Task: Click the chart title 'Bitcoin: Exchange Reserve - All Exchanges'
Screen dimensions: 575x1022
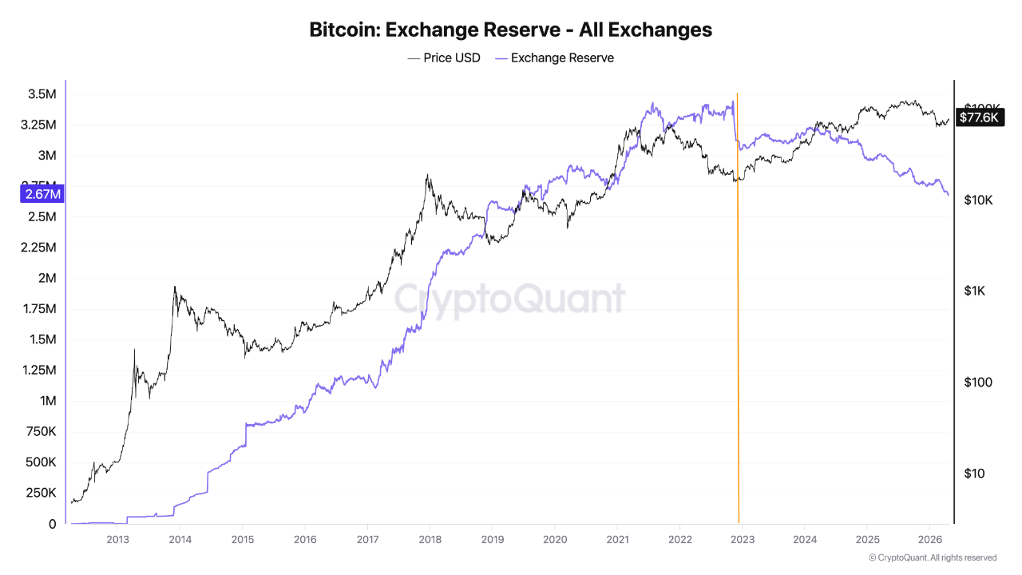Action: (510, 30)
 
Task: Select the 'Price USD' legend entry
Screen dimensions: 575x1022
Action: (444, 57)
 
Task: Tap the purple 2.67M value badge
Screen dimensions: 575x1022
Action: (42, 193)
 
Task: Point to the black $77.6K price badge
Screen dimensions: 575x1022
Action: (978, 117)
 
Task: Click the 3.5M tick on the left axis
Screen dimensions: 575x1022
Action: (41, 94)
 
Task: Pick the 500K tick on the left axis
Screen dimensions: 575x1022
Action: (40, 462)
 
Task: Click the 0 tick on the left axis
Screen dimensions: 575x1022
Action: (52, 524)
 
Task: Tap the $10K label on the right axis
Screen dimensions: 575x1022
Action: (977, 200)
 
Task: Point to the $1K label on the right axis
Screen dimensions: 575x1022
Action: (974, 291)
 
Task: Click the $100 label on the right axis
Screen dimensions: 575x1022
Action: (977, 383)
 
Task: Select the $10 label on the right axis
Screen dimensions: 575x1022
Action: (974, 474)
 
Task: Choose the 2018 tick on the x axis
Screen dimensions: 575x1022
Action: (430, 539)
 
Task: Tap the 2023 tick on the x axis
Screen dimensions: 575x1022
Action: (742, 539)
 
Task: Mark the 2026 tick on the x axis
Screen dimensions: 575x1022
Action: (929, 539)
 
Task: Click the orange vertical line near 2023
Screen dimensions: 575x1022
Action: (737, 319)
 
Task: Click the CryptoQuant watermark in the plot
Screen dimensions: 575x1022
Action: (510, 299)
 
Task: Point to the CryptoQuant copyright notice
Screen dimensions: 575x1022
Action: (932, 557)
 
